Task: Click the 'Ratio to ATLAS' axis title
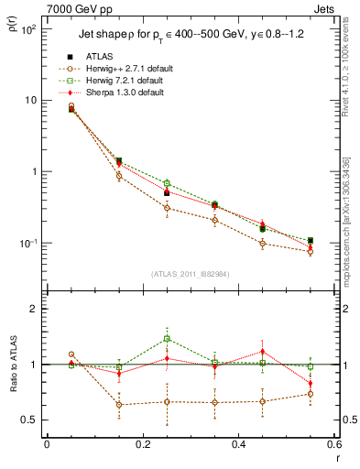pos(11,378)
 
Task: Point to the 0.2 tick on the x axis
pos(142,444)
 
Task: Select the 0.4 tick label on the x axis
pos(238,444)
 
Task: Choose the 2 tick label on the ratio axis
pos(35,309)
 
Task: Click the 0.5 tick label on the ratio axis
pos(31,420)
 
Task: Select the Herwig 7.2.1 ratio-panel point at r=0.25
pos(167,338)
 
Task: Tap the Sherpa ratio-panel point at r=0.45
pos(262,351)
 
